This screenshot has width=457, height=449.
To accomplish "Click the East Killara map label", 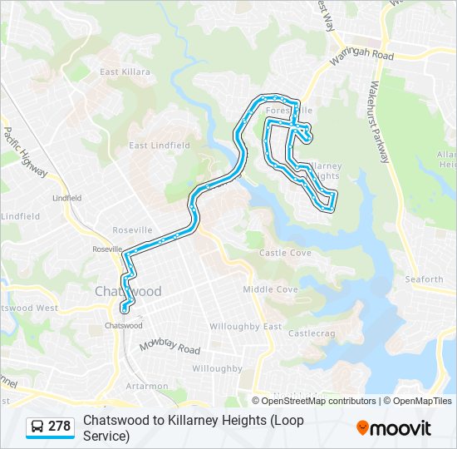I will (125, 72).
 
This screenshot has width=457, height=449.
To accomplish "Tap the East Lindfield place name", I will (160, 146).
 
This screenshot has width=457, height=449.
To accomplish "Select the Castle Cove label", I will (285, 253).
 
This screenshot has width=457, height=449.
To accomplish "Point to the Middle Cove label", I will (270, 289).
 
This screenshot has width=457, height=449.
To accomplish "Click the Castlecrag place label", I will (310, 333).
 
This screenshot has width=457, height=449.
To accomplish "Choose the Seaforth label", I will (425, 279).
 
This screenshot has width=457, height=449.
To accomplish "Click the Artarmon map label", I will (146, 387).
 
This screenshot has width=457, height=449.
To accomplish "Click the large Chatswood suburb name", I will (128, 291).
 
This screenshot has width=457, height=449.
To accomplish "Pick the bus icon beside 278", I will (37, 427).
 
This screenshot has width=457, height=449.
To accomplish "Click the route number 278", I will (60, 427).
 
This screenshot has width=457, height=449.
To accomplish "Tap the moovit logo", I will (394, 428).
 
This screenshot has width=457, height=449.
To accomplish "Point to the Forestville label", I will (288, 110).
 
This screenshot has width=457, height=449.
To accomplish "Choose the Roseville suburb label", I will (133, 229).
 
